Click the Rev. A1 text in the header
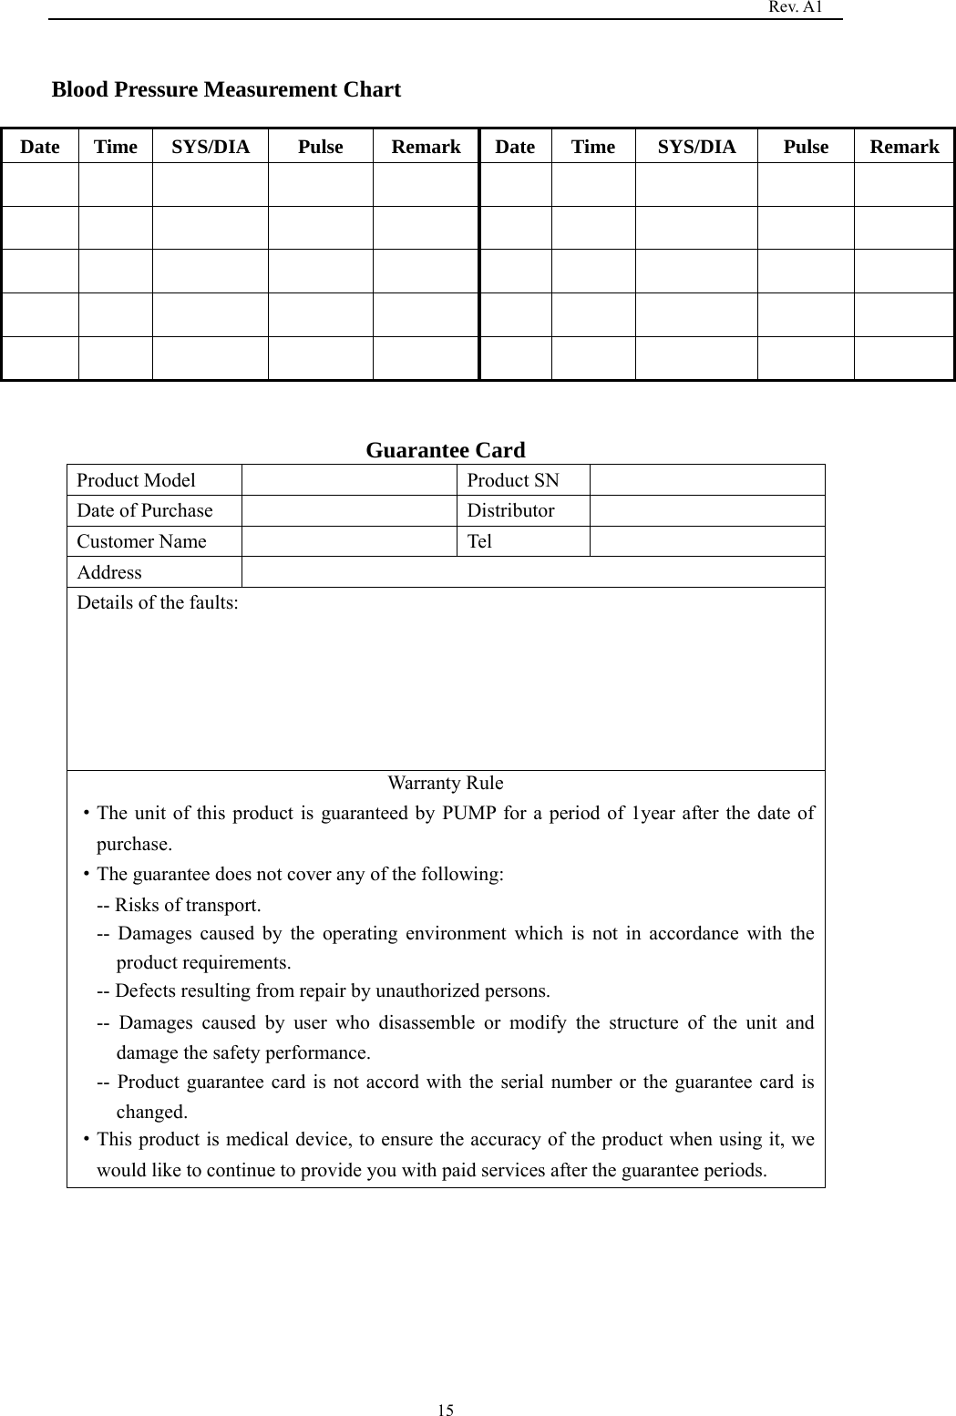pyautogui.click(x=796, y=7)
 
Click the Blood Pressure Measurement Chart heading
pyautogui.click(x=226, y=89)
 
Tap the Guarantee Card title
pyautogui.click(x=445, y=450)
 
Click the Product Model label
pyautogui.click(x=136, y=480)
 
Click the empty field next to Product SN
pyautogui.click(x=706, y=480)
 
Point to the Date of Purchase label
pyautogui.click(x=144, y=510)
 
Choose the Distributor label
pyautogui.click(x=510, y=510)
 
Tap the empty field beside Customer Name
pyautogui.click(x=348, y=541)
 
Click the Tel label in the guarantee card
pyautogui.click(x=479, y=541)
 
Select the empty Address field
pyautogui.click(x=532, y=572)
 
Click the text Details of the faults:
pyautogui.click(x=158, y=602)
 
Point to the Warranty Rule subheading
pyautogui.click(x=445, y=783)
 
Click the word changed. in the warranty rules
pyautogui.click(x=151, y=1112)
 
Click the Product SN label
pyautogui.click(x=513, y=480)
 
